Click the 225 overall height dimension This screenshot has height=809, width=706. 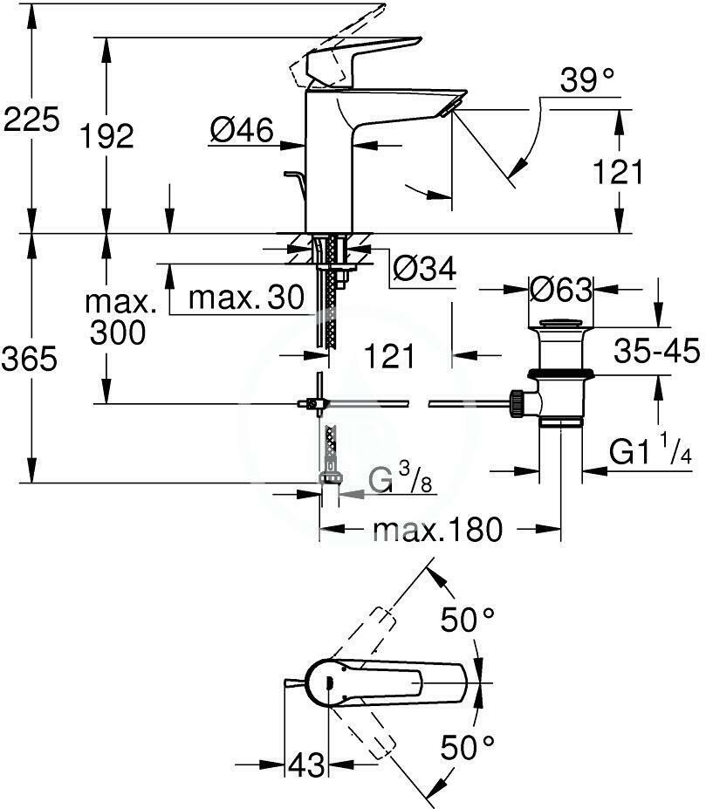click(x=31, y=120)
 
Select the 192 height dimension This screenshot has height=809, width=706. click(x=106, y=136)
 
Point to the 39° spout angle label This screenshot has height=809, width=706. click(x=587, y=80)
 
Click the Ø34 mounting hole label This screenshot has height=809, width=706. click(x=425, y=268)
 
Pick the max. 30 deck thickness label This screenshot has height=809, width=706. click(x=247, y=298)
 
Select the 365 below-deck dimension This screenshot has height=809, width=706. click(x=30, y=359)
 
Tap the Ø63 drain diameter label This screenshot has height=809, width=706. click(x=561, y=290)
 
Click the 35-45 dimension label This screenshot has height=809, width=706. click(x=656, y=351)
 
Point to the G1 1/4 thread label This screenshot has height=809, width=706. click(x=650, y=450)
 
